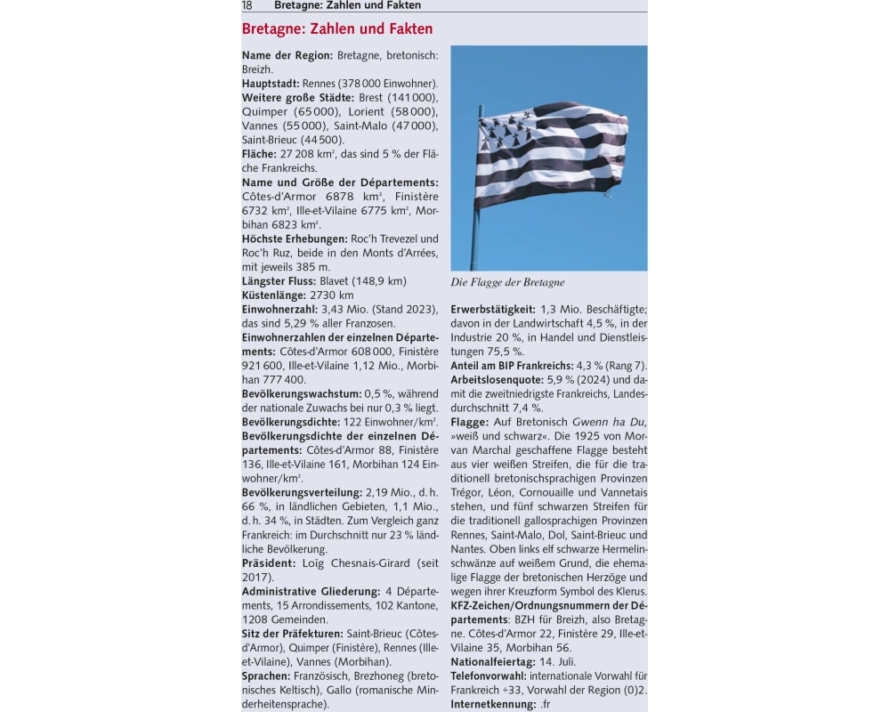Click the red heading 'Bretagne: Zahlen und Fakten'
click(x=337, y=29)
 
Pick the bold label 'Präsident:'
click(x=269, y=563)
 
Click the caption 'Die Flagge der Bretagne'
click(x=507, y=283)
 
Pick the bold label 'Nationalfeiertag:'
click(x=493, y=662)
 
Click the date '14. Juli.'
click(x=559, y=662)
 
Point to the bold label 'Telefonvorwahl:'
click(x=489, y=676)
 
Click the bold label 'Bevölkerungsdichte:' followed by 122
click(x=295, y=422)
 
